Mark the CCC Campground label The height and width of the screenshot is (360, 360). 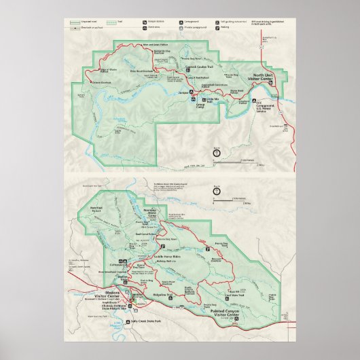point(266,105)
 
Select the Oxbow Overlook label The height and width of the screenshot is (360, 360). point(102,82)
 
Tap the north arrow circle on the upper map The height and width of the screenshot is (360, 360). point(217,154)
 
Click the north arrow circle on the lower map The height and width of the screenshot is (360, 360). point(217,192)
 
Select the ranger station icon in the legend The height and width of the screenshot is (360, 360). point(144,22)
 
